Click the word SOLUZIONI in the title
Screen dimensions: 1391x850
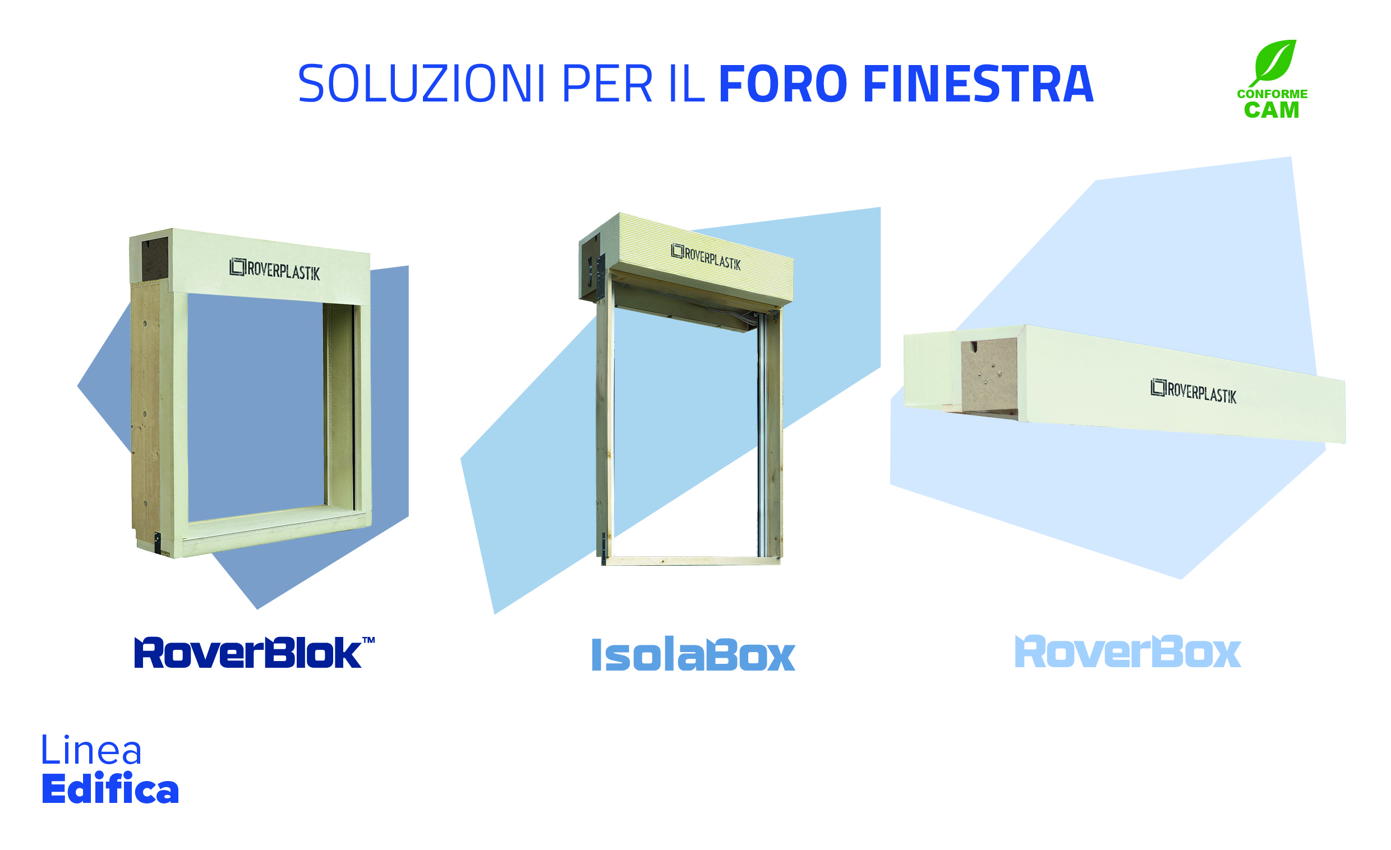(x=422, y=84)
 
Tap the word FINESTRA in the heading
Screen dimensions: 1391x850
(x=979, y=84)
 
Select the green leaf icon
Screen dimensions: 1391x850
(x=1273, y=63)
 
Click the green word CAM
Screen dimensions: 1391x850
(x=1272, y=110)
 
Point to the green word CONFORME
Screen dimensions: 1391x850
(x=1273, y=94)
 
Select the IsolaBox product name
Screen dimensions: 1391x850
(x=694, y=655)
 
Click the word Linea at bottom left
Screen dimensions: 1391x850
(x=91, y=750)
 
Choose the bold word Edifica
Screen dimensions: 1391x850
(x=110, y=788)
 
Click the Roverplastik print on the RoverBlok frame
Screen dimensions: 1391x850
(x=274, y=270)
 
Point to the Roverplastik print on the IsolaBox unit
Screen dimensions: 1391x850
(x=706, y=257)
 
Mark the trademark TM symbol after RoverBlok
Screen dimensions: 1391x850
(x=369, y=640)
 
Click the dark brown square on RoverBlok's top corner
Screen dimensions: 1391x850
(x=154, y=259)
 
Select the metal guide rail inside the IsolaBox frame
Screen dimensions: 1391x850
(x=762, y=435)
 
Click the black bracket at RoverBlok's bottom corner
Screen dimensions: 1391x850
(x=158, y=543)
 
